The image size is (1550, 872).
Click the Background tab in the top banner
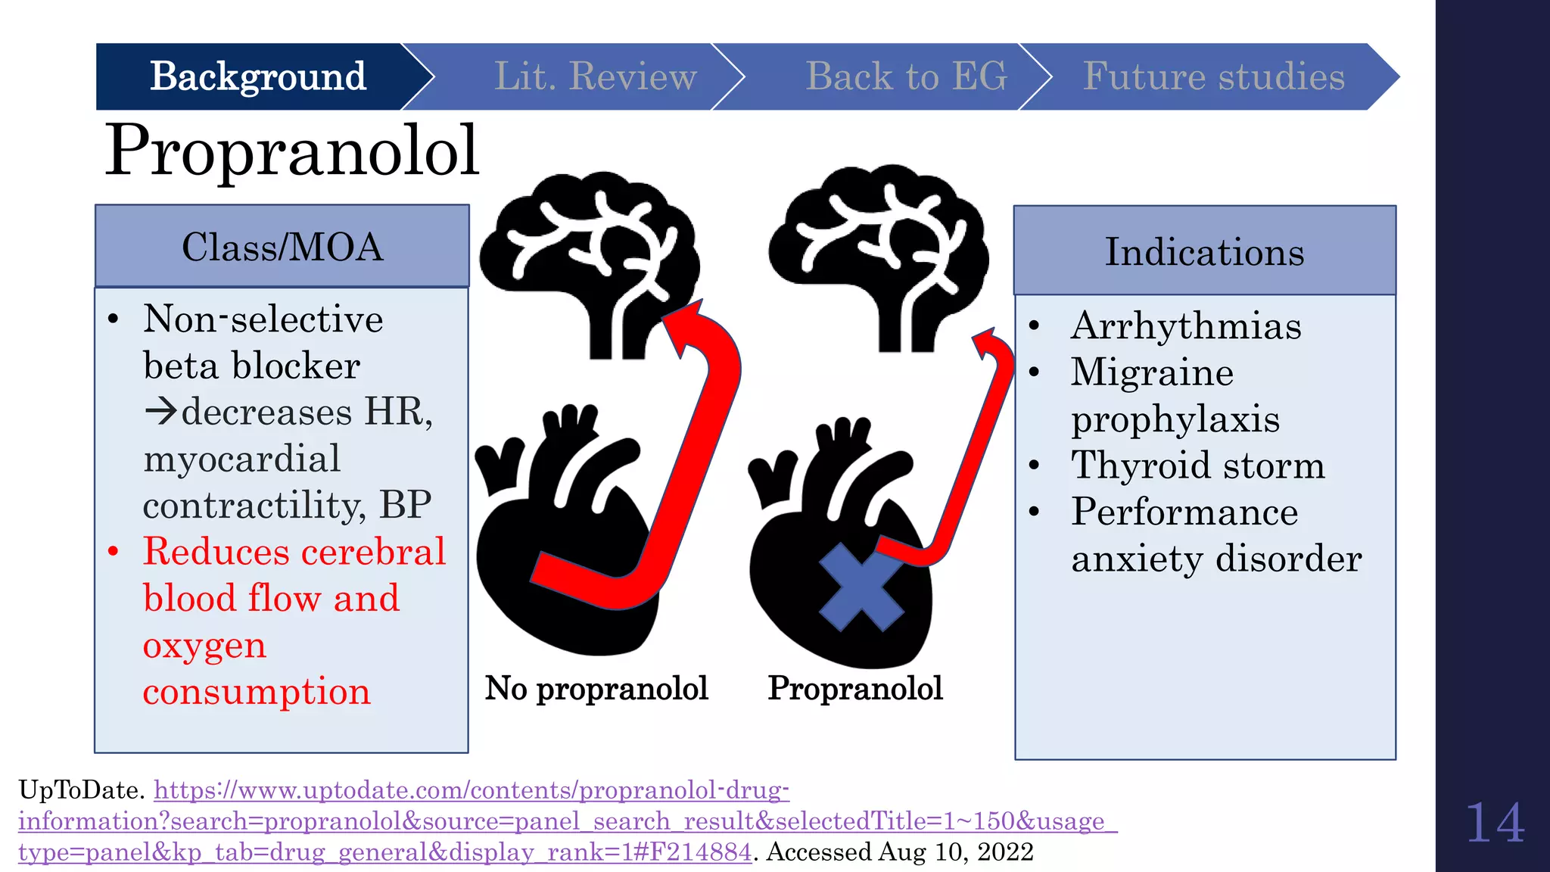257,76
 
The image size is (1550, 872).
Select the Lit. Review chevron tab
595,76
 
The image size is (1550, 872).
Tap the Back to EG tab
906,76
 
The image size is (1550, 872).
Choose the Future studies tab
1213,76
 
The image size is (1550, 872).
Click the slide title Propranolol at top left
292,151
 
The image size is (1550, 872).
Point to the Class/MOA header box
282,247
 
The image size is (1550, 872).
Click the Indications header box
1204,251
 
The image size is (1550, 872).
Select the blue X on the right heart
861,587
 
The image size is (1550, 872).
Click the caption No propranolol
596,689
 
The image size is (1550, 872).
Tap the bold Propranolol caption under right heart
855,689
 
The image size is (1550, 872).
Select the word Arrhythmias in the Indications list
1186,326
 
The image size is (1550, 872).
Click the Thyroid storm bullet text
1198,466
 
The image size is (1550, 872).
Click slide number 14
1494,824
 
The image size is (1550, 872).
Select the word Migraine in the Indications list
1152,372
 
